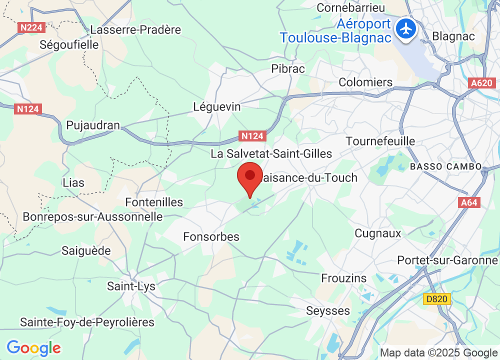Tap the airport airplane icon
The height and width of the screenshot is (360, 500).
tap(406, 28)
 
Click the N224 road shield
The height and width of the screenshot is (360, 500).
tap(30, 28)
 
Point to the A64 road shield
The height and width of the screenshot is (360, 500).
tap(468, 202)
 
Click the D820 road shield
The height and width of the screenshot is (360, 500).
tap(436, 299)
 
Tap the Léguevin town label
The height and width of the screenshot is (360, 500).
tap(217, 107)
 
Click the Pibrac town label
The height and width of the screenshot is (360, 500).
tap(288, 69)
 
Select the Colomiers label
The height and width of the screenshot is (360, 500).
tap(365, 82)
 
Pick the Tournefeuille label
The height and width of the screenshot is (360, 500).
tap(380, 141)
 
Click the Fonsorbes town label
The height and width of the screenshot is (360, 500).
tap(211, 236)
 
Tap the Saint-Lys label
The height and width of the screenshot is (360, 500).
tap(131, 286)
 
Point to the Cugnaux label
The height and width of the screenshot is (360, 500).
tap(378, 233)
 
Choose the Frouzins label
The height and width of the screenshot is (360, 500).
tap(344, 278)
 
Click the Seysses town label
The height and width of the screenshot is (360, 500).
tap(328, 310)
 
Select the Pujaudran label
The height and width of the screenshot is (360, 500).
tap(93, 125)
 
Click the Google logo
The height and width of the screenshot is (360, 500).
tap(33, 347)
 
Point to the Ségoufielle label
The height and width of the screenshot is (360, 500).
tap(69, 45)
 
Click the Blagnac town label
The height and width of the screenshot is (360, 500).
tap(449, 36)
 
